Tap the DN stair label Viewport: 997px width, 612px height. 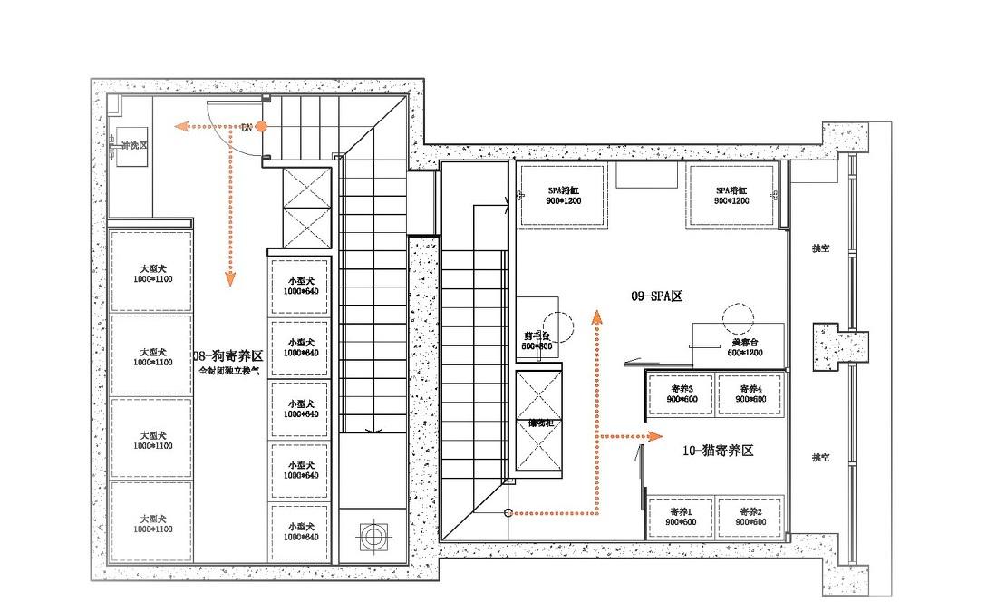pyautogui.click(x=246, y=128)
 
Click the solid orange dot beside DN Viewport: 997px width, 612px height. pyautogui.click(x=261, y=126)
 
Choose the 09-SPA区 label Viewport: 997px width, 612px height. pyautogui.click(x=656, y=296)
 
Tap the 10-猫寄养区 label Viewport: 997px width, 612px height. pyautogui.click(x=718, y=450)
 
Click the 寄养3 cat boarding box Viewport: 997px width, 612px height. pyautogui.click(x=680, y=393)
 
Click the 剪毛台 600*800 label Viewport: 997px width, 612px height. pyautogui.click(x=537, y=340)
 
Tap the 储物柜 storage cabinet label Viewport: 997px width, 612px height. pyautogui.click(x=541, y=423)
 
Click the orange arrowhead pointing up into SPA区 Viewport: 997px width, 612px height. pyautogui.click(x=596, y=316)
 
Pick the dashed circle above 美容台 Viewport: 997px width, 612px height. pyautogui.click(x=738, y=317)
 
